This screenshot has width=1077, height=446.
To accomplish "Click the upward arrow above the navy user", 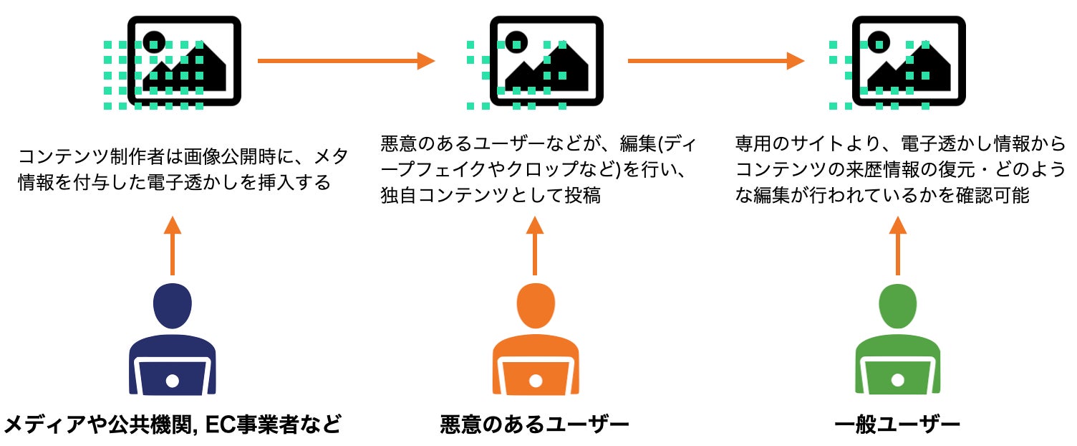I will coord(172,245).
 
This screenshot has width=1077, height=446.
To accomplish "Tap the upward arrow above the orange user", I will coord(535,245).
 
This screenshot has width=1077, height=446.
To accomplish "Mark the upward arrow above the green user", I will coord(898,245).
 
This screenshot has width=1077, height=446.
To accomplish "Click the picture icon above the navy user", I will coord(183,61).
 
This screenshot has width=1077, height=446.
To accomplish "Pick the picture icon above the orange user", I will coord(546,61).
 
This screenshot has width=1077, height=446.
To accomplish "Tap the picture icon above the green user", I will coord(908,61).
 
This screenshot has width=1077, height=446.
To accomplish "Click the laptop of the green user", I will coord(898,378).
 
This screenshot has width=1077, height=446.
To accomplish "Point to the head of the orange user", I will coord(535,305).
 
